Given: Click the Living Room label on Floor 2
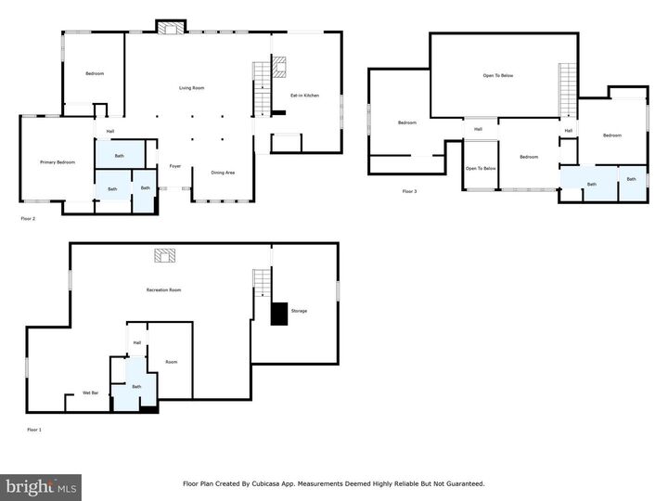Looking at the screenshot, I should [x=191, y=88].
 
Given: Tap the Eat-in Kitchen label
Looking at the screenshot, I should [x=305, y=95].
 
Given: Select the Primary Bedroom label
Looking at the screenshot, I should [x=57, y=162].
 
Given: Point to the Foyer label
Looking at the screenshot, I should [x=173, y=167].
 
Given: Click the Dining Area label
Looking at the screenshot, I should [x=223, y=173].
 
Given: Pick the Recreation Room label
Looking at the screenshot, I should [x=163, y=290].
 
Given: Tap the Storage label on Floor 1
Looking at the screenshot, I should [x=299, y=311].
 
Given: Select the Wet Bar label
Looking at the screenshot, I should [x=91, y=393].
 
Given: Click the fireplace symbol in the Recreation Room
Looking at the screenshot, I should [x=164, y=256].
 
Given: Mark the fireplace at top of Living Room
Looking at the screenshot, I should [x=170, y=29].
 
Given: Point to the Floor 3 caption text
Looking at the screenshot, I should [x=409, y=191].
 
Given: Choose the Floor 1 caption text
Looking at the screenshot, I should [x=34, y=430].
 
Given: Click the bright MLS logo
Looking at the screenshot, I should [x=41, y=487].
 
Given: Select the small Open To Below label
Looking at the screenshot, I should [x=481, y=168].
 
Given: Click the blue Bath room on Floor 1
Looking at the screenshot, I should [x=136, y=385].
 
